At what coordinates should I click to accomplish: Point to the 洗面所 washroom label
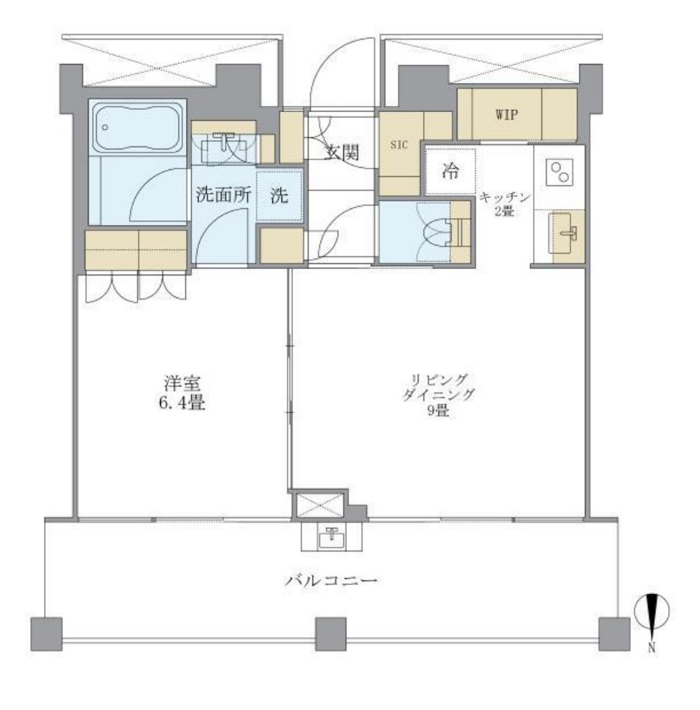pyautogui.click(x=223, y=194)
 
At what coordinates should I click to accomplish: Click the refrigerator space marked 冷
pyautogui.click(x=451, y=171)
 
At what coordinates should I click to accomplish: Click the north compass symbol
pyautogui.click(x=652, y=612)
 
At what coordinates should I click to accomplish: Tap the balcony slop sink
pyautogui.click(x=332, y=535)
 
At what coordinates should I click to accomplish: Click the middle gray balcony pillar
pyautogui.click(x=331, y=631)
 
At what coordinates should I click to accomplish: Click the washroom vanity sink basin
pyautogui.click(x=223, y=146)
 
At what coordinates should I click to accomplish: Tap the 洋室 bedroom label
pyautogui.click(x=181, y=381)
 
